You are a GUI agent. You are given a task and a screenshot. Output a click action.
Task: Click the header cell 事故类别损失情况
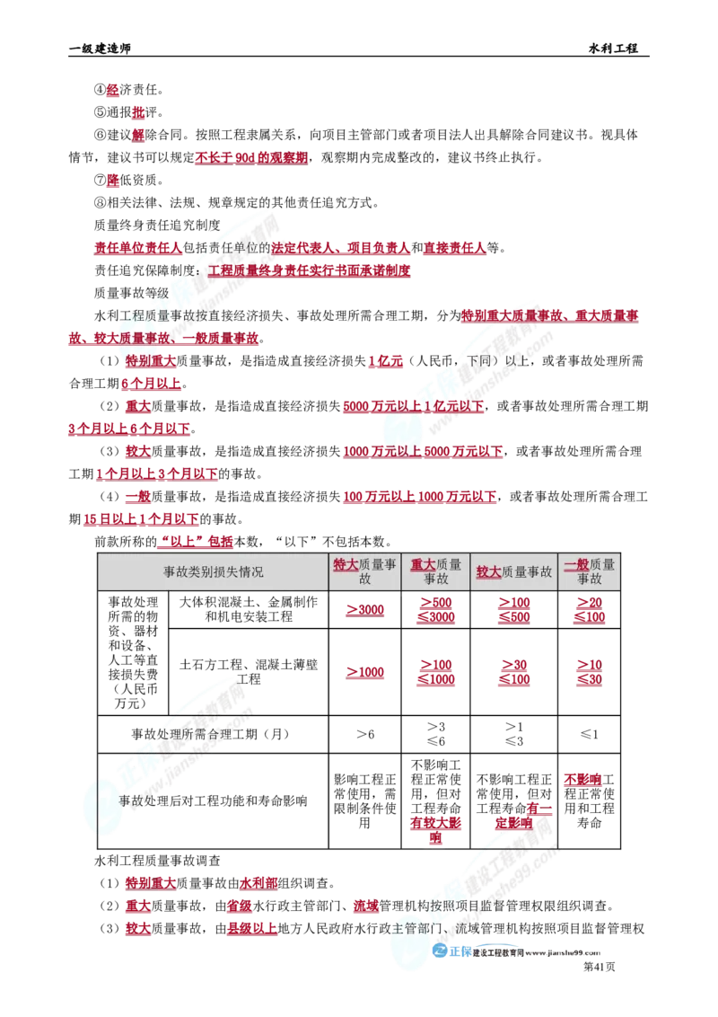click(x=214, y=571)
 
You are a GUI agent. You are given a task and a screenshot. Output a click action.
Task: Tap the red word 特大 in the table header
click(x=346, y=564)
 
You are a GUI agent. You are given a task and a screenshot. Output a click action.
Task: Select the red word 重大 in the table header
click(x=424, y=564)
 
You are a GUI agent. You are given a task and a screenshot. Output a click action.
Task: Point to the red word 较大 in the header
click(x=488, y=571)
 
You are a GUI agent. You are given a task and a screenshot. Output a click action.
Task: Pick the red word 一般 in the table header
click(x=576, y=564)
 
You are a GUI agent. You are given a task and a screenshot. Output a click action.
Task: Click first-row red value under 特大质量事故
click(x=366, y=611)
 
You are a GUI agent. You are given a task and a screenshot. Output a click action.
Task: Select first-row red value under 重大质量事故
click(x=437, y=611)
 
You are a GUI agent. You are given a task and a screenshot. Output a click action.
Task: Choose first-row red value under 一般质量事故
click(x=589, y=611)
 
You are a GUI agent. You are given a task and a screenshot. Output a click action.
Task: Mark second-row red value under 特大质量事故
click(x=366, y=674)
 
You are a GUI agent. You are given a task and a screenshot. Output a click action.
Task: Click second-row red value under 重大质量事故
click(x=437, y=674)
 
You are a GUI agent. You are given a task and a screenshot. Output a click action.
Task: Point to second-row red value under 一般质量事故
click(x=589, y=674)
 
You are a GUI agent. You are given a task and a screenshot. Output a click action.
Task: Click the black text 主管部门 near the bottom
click(x=416, y=927)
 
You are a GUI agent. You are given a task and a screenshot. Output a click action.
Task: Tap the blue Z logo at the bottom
click(x=440, y=951)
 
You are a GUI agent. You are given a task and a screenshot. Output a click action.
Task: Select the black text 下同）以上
click(x=497, y=361)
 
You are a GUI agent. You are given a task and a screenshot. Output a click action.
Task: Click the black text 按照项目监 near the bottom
click(x=458, y=906)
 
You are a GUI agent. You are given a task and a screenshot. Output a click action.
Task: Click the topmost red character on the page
click(x=112, y=89)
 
